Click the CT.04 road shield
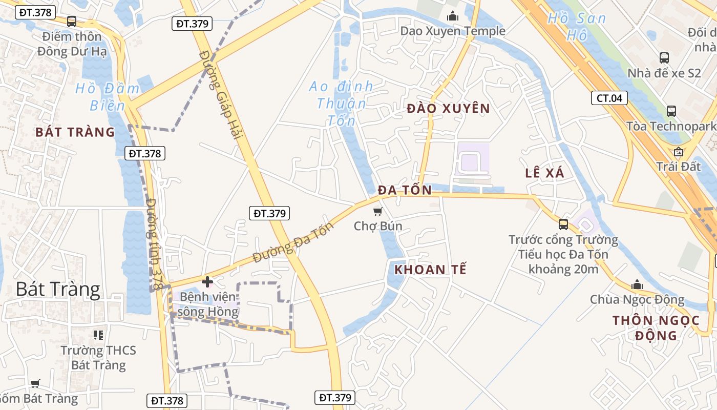point(609,98)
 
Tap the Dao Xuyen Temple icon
point(452,16)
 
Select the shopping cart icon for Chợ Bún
point(377,211)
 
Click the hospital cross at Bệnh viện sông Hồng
point(207,281)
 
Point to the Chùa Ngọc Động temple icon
point(637,284)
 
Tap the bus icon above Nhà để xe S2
point(664,57)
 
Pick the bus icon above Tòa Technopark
point(671,111)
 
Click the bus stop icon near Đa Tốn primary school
point(563,224)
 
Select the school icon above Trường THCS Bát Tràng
point(98,335)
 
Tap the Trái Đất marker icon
point(679,151)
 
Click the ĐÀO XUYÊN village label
point(449,109)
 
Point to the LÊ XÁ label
point(544,173)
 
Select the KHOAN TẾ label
point(431,270)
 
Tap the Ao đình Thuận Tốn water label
point(341,104)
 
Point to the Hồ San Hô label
point(577,27)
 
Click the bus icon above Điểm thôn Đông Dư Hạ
point(72,22)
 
